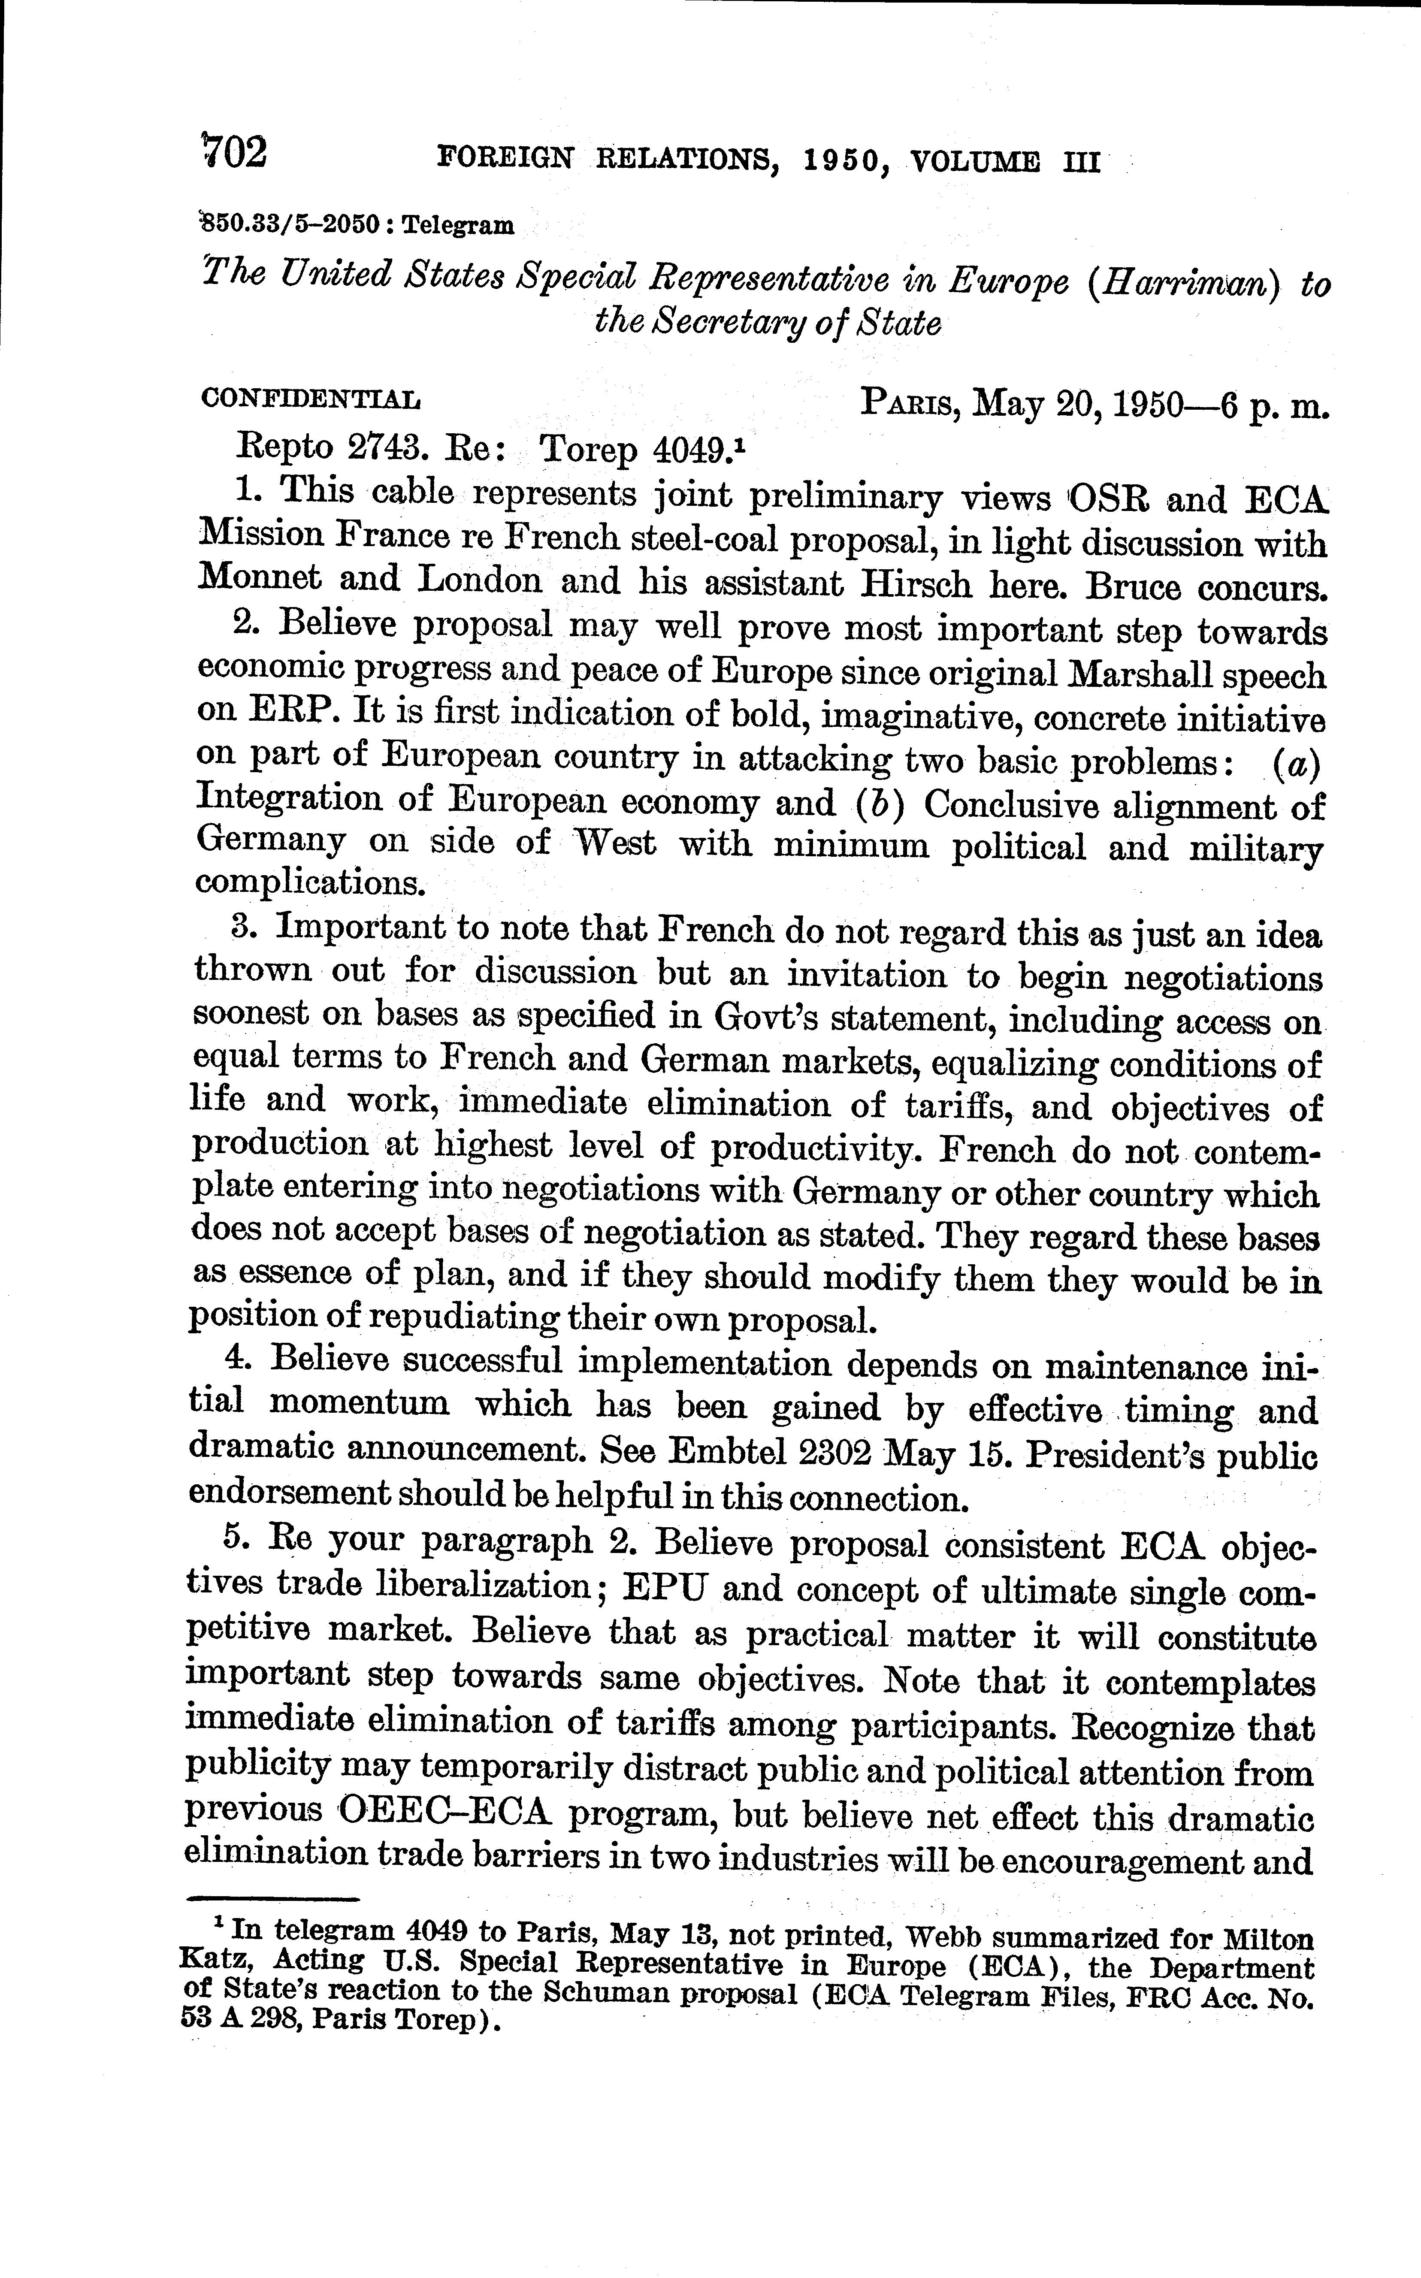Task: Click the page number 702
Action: coord(235,152)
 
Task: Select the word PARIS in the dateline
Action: coord(909,405)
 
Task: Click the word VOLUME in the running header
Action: coord(975,162)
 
